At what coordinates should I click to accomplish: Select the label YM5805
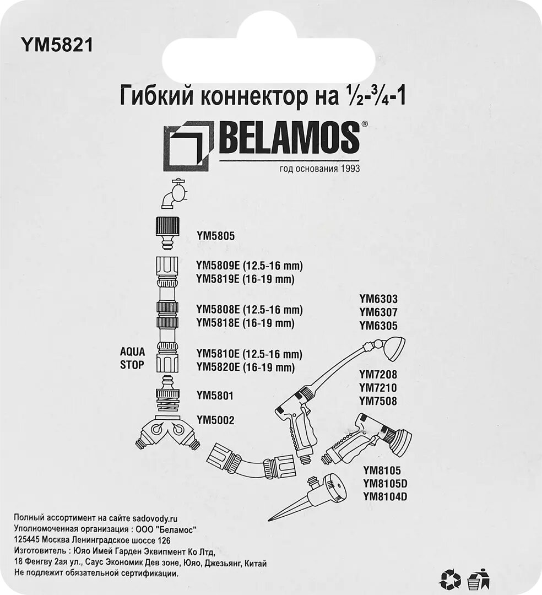click(215, 236)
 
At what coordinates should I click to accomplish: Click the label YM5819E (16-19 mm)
click(245, 279)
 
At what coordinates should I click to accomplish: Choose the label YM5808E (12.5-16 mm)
click(250, 309)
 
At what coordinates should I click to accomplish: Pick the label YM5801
click(215, 395)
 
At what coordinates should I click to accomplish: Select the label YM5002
click(215, 420)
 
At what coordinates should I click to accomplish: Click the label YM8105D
click(388, 484)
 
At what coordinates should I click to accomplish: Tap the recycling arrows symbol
click(450, 579)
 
